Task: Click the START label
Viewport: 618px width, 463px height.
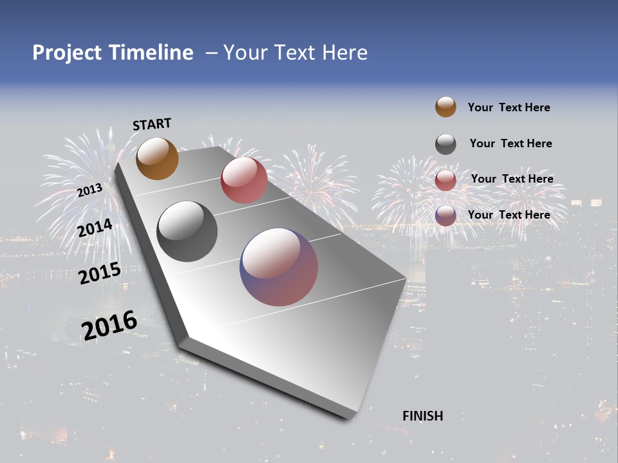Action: click(152, 124)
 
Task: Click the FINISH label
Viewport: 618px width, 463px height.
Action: click(423, 416)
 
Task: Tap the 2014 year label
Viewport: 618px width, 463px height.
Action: click(95, 228)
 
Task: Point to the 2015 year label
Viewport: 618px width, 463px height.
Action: click(100, 273)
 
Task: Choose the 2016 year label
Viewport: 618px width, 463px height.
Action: click(109, 325)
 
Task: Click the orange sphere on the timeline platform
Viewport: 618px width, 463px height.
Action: click(158, 158)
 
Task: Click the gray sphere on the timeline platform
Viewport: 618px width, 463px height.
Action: click(187, 232)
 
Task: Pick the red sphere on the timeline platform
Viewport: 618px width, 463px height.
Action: click(244, 180)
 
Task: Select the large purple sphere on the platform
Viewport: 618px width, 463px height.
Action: click(279, 267)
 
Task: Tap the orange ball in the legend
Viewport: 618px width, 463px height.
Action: click(445, 107)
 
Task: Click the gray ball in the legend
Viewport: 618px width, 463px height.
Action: click(445, 144)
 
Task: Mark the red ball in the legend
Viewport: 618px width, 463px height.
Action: click(445, 179)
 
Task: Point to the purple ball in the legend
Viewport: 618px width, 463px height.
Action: click(445, 215)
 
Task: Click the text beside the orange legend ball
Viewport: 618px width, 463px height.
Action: click(509, 107)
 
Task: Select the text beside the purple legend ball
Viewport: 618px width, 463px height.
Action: click(509, 215)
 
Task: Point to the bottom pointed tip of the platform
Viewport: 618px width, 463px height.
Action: click(348, 417)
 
